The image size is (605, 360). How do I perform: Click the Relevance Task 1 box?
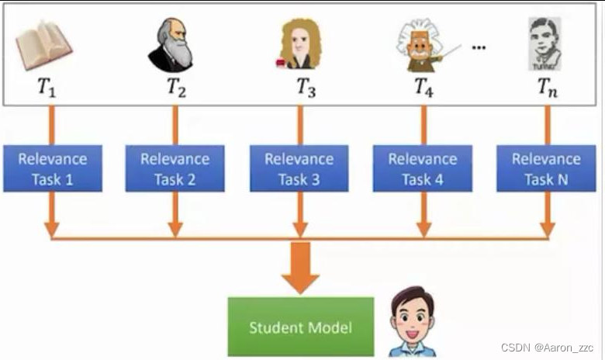point(52,169)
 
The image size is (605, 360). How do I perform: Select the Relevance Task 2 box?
point(175,169)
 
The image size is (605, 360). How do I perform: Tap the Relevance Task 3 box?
point(299,169)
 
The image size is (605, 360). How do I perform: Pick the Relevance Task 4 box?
point(423,169)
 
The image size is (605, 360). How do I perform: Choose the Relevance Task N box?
point(546,169)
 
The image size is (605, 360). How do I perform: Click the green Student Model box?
point(300,327)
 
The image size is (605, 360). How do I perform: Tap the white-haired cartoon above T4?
point(421,45)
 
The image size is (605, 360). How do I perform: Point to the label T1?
point(47,87)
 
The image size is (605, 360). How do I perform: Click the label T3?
point(306,87)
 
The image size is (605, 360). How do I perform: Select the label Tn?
point(548,87)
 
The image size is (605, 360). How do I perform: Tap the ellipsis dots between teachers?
point(479,48)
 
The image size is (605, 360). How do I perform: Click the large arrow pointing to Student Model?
point(300,268)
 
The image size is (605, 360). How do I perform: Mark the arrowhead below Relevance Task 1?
point(52,230)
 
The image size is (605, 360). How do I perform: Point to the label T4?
point(423,87)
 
